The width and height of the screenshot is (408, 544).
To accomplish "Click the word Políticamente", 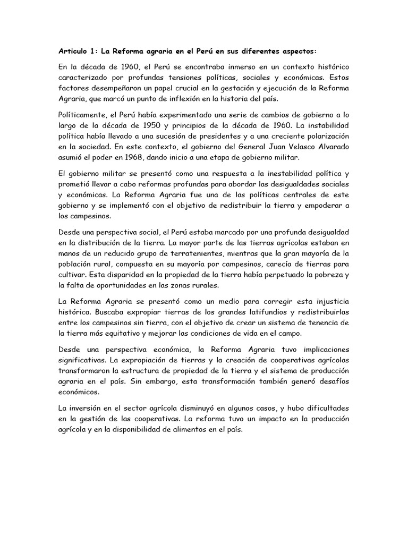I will pos(83,115).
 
